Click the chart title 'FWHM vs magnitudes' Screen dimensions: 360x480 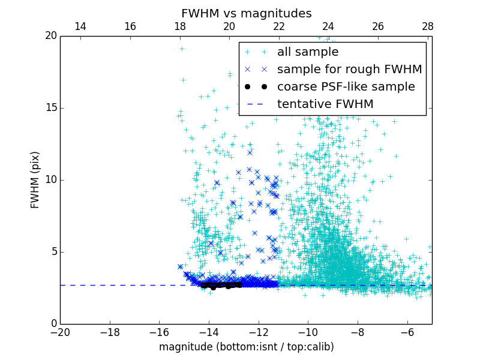246,13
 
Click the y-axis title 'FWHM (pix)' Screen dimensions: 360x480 35,179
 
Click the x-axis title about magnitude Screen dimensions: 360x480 246,347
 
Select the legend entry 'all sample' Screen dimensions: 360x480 308,52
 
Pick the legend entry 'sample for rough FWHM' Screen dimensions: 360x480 349,70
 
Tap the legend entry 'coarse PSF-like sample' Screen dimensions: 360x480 346,87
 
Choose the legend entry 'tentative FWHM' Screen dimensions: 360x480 325,104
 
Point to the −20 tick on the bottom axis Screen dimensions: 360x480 60,332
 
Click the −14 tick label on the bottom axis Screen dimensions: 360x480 209,332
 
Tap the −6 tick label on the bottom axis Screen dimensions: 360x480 407,332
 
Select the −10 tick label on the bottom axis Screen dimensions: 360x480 308,332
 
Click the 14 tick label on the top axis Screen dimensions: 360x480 80,26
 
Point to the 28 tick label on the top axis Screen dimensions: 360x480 427,26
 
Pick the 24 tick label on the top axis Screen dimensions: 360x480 328,26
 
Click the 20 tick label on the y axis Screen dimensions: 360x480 50,36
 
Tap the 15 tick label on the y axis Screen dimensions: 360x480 50,108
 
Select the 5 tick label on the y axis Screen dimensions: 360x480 53,251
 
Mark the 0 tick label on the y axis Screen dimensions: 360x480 53,324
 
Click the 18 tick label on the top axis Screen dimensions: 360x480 179,26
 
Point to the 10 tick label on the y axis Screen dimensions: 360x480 50,180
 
